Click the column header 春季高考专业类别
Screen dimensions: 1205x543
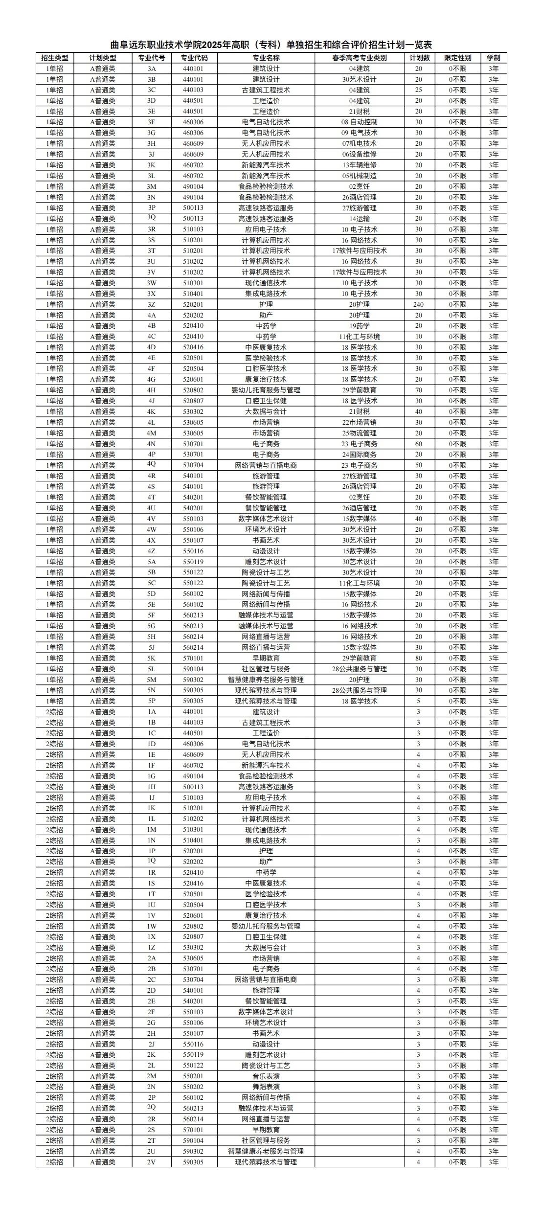click(359, 58)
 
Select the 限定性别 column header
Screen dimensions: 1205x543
click(457, 58)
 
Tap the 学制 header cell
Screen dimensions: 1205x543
click(493, 58)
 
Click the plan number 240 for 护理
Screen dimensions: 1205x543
click(418, 305)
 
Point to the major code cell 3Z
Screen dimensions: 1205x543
click(151, 305)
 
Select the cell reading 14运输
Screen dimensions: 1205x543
click(359, 219)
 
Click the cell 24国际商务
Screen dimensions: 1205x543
click(359, 455)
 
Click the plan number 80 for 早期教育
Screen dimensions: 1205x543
click(418, 659)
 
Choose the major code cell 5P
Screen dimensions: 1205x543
click(151, 701)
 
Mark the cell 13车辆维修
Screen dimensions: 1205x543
click(359, 165)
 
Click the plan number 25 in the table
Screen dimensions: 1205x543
click(418, 90)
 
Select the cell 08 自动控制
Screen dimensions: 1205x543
click(359, 122)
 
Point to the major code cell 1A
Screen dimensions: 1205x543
click(151, 712)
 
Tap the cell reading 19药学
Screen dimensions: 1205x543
click(359, 326)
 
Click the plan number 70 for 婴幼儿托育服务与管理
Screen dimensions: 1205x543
click(418, 390)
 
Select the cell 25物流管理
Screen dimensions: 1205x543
click(359, 433)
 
